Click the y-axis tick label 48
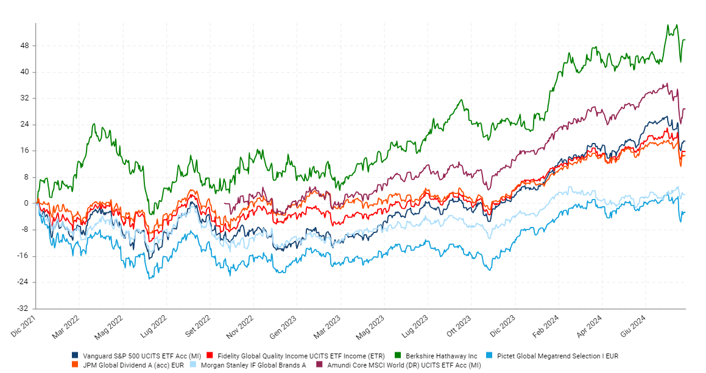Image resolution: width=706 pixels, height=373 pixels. (x=24, y=46)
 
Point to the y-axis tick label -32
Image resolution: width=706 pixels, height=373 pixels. (x=23, y=309)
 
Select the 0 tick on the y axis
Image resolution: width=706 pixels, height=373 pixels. (x=26, y=203)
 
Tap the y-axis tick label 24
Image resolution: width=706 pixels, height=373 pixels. (x=24, y=125)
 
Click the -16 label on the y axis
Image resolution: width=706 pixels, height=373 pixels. (x=23, y=256)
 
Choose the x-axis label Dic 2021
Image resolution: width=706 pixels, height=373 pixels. (x=23, y=326)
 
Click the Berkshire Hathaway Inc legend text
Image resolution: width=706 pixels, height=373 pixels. (x=441, y=356)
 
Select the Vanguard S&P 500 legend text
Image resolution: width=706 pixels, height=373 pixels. (x=142, y=356)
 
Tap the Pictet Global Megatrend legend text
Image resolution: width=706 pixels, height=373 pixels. (x=557, y=356)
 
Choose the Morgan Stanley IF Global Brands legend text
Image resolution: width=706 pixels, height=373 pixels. (x=253, y=365)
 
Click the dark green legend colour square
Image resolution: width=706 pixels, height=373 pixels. (x=398, y=355)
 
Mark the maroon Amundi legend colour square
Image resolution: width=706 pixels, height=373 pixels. (x=319, y=364)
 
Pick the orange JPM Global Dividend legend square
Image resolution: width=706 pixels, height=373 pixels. (x=75, y=364)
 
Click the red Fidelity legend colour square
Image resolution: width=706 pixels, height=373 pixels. (x=210, y=355)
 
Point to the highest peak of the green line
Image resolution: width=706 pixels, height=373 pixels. (x=668, y=25)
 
